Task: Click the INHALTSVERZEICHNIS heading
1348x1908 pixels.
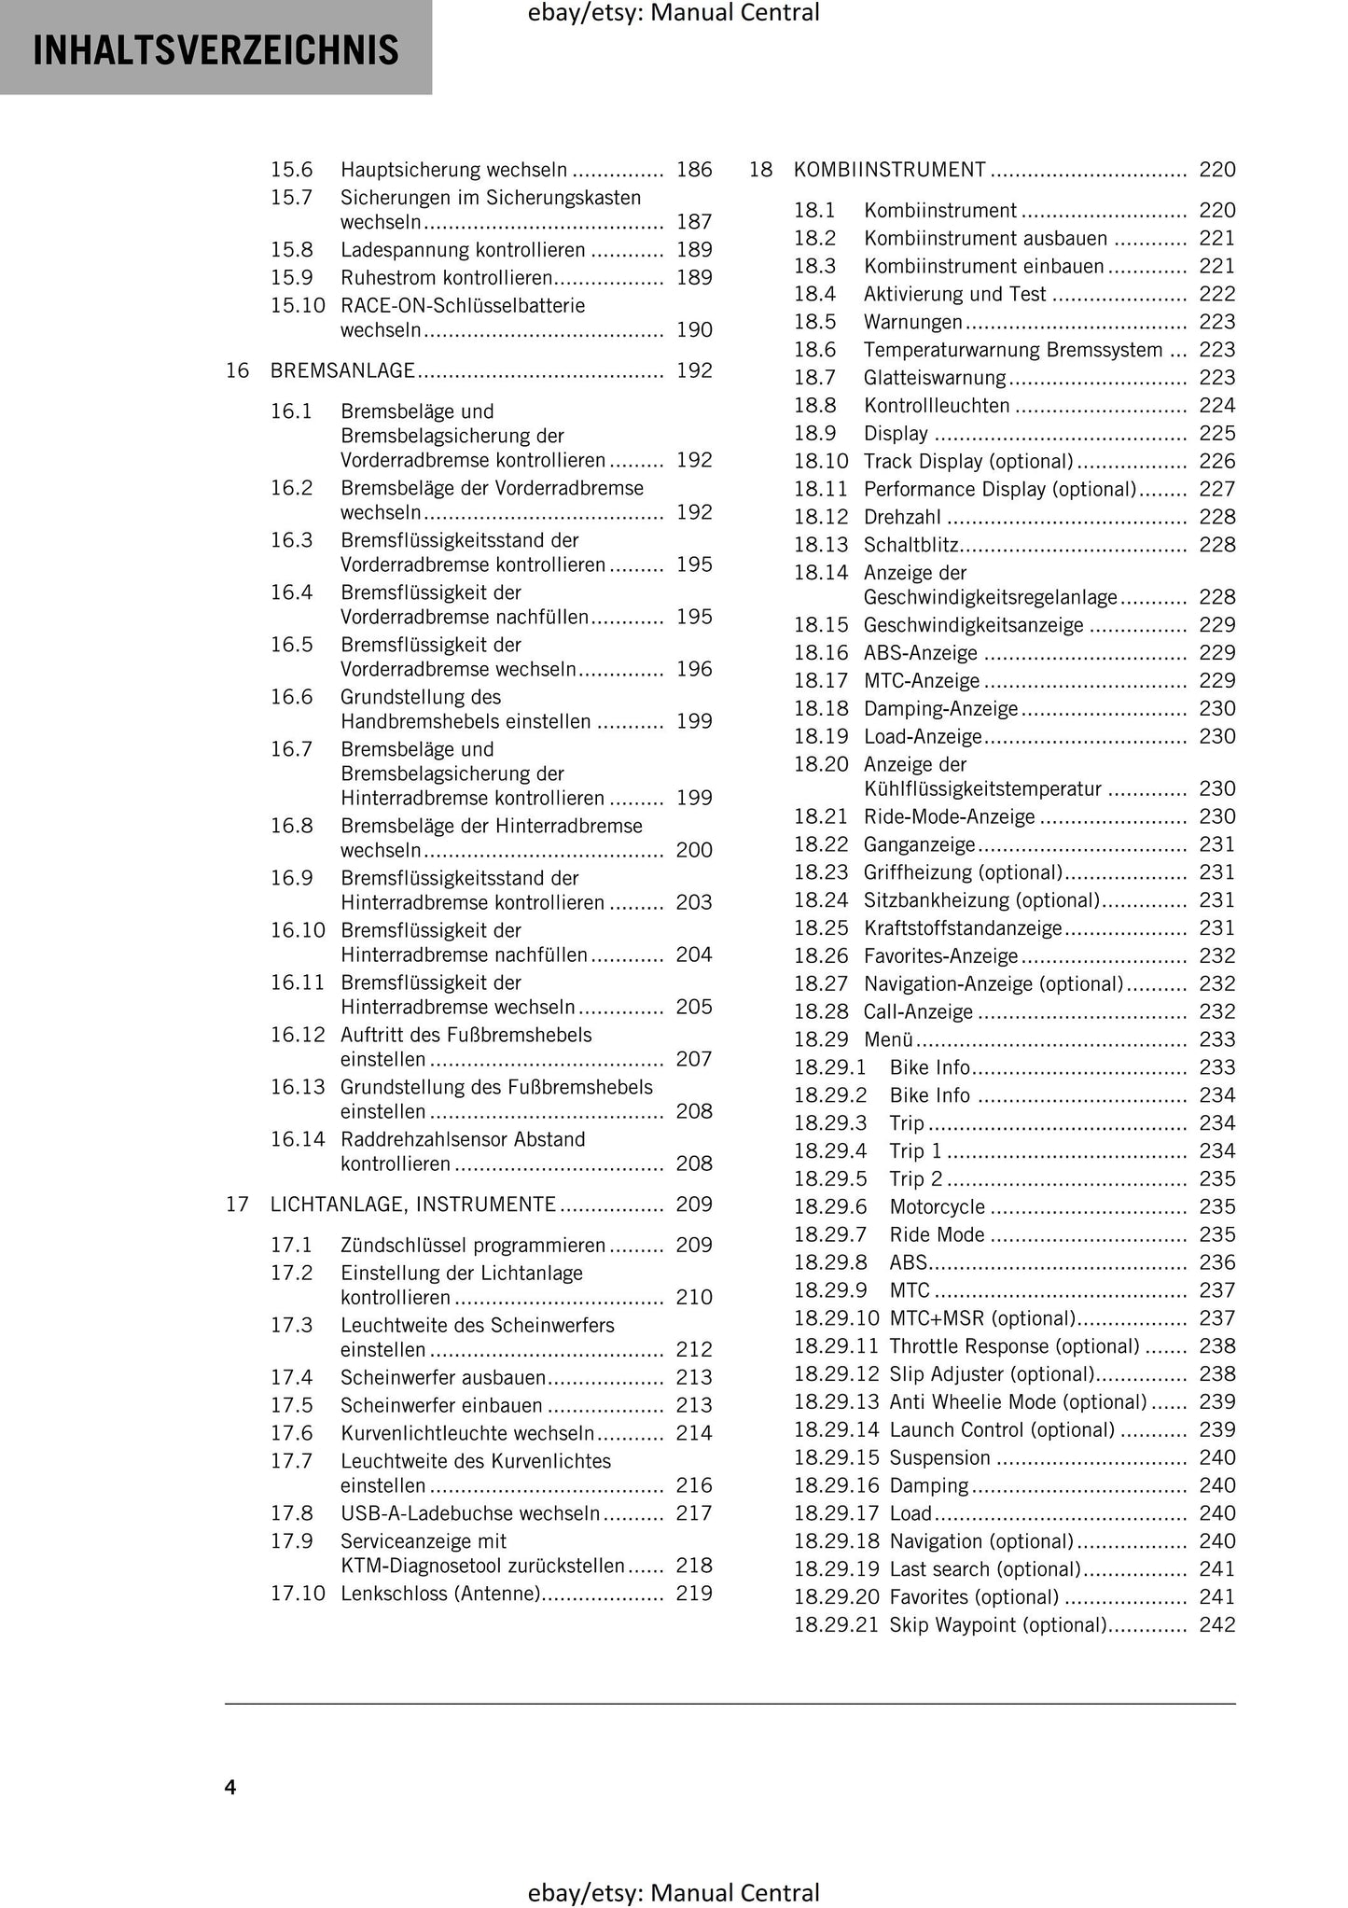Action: click(215, 49)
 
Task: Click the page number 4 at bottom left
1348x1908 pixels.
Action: click(230, 1787)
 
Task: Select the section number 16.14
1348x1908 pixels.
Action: click(298, 1139)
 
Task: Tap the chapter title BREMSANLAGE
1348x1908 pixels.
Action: click(342, 370)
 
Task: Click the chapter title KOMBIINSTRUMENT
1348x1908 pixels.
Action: click(889, 170)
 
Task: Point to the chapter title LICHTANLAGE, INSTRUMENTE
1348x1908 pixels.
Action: click(413, 1205)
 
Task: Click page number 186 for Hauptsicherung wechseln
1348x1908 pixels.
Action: click(693, 170)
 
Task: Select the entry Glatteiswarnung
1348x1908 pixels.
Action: click(935, 378)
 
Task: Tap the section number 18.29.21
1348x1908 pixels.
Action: click(836, 1624)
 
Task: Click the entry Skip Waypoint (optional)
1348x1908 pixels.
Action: click(997, 1624)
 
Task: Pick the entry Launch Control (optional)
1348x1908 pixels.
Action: click(1002, 1429)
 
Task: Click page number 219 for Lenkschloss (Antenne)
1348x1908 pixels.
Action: click(693, 1593)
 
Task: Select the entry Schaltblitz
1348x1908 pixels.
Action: click(911, 545)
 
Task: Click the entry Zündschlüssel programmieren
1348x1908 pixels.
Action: click(472, 1246)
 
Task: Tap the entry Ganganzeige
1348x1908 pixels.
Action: click(919, 844)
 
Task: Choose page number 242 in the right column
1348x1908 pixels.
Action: click(1216, 1624)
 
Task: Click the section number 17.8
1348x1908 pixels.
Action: click(291, 1512)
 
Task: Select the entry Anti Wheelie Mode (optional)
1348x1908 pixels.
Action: click(1018, 1401)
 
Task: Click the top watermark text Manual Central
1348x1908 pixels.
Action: click(735, 13)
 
